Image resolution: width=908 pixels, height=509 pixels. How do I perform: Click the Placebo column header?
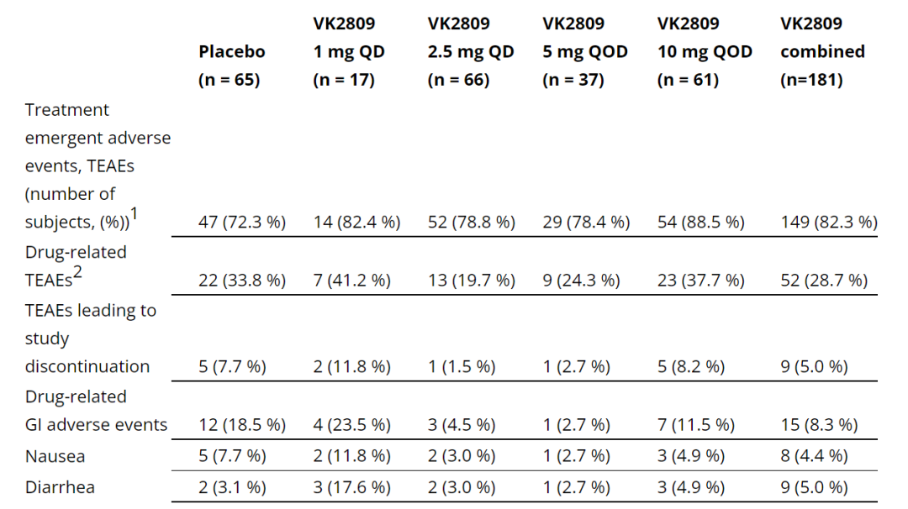231,66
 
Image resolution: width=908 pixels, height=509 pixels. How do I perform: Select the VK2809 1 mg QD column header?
349,51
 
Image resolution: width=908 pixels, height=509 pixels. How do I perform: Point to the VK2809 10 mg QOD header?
705,51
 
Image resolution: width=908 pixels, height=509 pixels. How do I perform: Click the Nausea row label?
55,456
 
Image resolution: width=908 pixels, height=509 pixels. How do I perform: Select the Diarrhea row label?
60,487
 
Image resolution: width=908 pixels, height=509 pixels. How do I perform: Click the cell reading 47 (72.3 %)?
242,222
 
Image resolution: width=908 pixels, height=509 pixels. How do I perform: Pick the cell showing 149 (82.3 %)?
829,222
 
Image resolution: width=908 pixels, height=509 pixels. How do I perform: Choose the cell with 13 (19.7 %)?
471,281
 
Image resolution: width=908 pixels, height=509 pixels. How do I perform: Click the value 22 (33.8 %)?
242,281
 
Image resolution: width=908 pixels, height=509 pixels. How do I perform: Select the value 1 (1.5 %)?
462,366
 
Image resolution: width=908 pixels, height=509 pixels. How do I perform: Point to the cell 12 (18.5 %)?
242,425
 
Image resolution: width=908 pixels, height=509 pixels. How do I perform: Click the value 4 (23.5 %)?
351,425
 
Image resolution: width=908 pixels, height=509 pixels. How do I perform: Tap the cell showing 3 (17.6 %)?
351,487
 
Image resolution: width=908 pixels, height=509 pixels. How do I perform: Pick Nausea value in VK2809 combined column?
814,456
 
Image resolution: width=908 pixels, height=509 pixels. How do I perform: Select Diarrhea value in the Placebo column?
233,487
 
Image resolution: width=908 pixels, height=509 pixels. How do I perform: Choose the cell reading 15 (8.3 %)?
819,425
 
